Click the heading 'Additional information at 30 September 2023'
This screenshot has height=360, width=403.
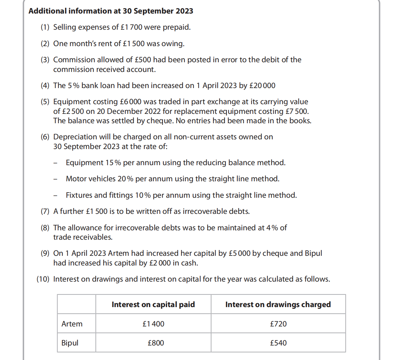click(111, 11)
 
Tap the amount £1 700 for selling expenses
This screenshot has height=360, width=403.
click(131, 27)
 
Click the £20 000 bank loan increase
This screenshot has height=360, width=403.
click(262, 85)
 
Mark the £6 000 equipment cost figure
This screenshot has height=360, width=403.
click(130, 102)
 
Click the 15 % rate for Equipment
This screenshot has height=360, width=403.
click(113, 163)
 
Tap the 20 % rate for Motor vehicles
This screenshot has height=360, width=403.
click(125, 179)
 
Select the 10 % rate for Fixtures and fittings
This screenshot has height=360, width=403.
click(143, 195)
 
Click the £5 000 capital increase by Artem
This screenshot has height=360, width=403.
click(239, 253)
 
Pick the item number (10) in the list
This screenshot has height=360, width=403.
click(43, 279)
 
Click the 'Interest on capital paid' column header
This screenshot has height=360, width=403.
click(153, 305)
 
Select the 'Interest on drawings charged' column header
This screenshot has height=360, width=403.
click(278, 305)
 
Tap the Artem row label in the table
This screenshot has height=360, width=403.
click(72, 324)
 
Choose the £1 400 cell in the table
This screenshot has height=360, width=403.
click(153, 324)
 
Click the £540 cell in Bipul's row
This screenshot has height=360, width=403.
click(278, 343)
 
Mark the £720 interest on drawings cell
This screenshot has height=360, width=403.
click(278, 324)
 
